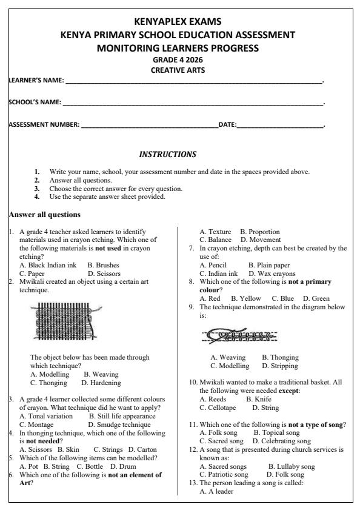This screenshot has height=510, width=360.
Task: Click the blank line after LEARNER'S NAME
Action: click(x=194, y=81)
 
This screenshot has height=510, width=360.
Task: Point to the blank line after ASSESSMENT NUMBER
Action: click(x=149, y=126)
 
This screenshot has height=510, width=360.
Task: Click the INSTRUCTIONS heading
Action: click(x=168, y=155)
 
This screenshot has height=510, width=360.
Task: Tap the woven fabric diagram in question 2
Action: click(x=62, y=321)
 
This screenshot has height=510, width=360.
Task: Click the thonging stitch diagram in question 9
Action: click(x=242, y=335)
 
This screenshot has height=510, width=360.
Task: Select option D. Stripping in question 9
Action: click(x=280, y=366)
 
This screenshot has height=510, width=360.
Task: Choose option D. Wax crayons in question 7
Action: click(x=272, y=273)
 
